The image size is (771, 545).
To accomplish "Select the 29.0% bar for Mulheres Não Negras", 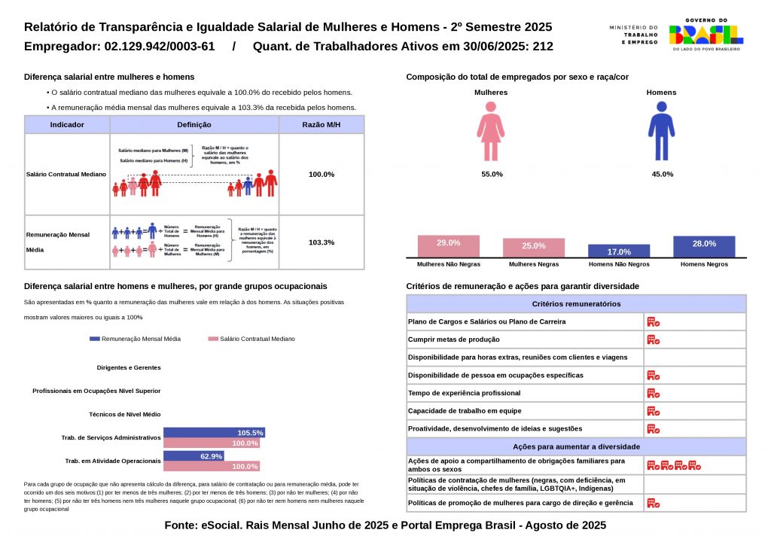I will coord(449,246).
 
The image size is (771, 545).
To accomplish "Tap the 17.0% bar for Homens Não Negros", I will coord(619,251).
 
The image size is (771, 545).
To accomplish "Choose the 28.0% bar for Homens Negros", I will coord(704,247).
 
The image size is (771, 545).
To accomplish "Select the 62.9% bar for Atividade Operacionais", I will coord(194,456).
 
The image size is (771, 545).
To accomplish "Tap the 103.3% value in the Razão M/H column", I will coord(322,242).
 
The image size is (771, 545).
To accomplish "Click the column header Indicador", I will coord(67,125).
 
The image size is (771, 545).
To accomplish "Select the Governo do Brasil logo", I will coord(705,34).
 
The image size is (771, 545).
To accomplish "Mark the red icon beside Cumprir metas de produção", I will coord(653,339).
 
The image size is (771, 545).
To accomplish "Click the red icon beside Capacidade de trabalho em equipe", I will coord(653,411).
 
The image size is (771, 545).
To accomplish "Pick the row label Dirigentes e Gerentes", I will coord(129,367).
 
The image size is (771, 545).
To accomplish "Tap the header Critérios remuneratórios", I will coord(576,304).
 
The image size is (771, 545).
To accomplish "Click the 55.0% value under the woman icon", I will coord(492,174).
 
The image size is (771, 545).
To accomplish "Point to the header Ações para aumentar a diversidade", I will coord(576,446).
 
